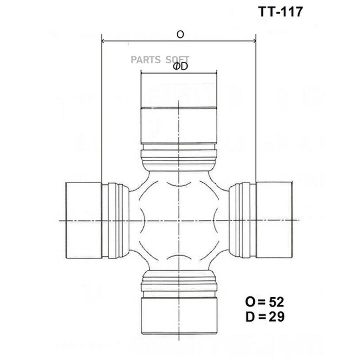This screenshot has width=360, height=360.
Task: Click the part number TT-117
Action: click(280, 12)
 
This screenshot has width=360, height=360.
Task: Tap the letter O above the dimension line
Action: click(180, 34)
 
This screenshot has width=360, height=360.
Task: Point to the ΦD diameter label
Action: click(180, 66)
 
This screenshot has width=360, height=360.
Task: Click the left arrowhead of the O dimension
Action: click(103, 41)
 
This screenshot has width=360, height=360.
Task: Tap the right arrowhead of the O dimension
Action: click(254, 41)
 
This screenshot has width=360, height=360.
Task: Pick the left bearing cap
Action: click(84, 220)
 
